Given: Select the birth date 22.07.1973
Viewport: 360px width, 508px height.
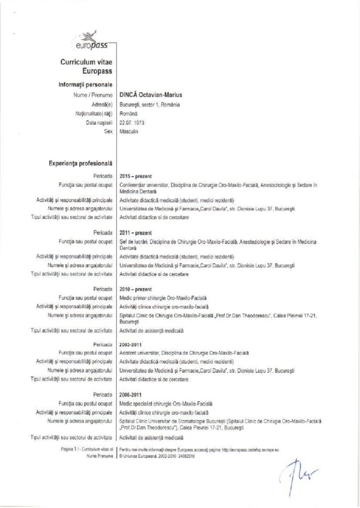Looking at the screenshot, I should coord(133,123).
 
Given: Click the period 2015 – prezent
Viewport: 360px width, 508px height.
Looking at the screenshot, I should coord(136,176).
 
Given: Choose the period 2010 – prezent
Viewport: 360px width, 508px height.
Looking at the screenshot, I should coord(136,289).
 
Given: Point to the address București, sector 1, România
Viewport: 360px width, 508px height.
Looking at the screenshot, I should coord(150,105).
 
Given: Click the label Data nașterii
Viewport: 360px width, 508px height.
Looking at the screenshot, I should coord(99,123).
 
